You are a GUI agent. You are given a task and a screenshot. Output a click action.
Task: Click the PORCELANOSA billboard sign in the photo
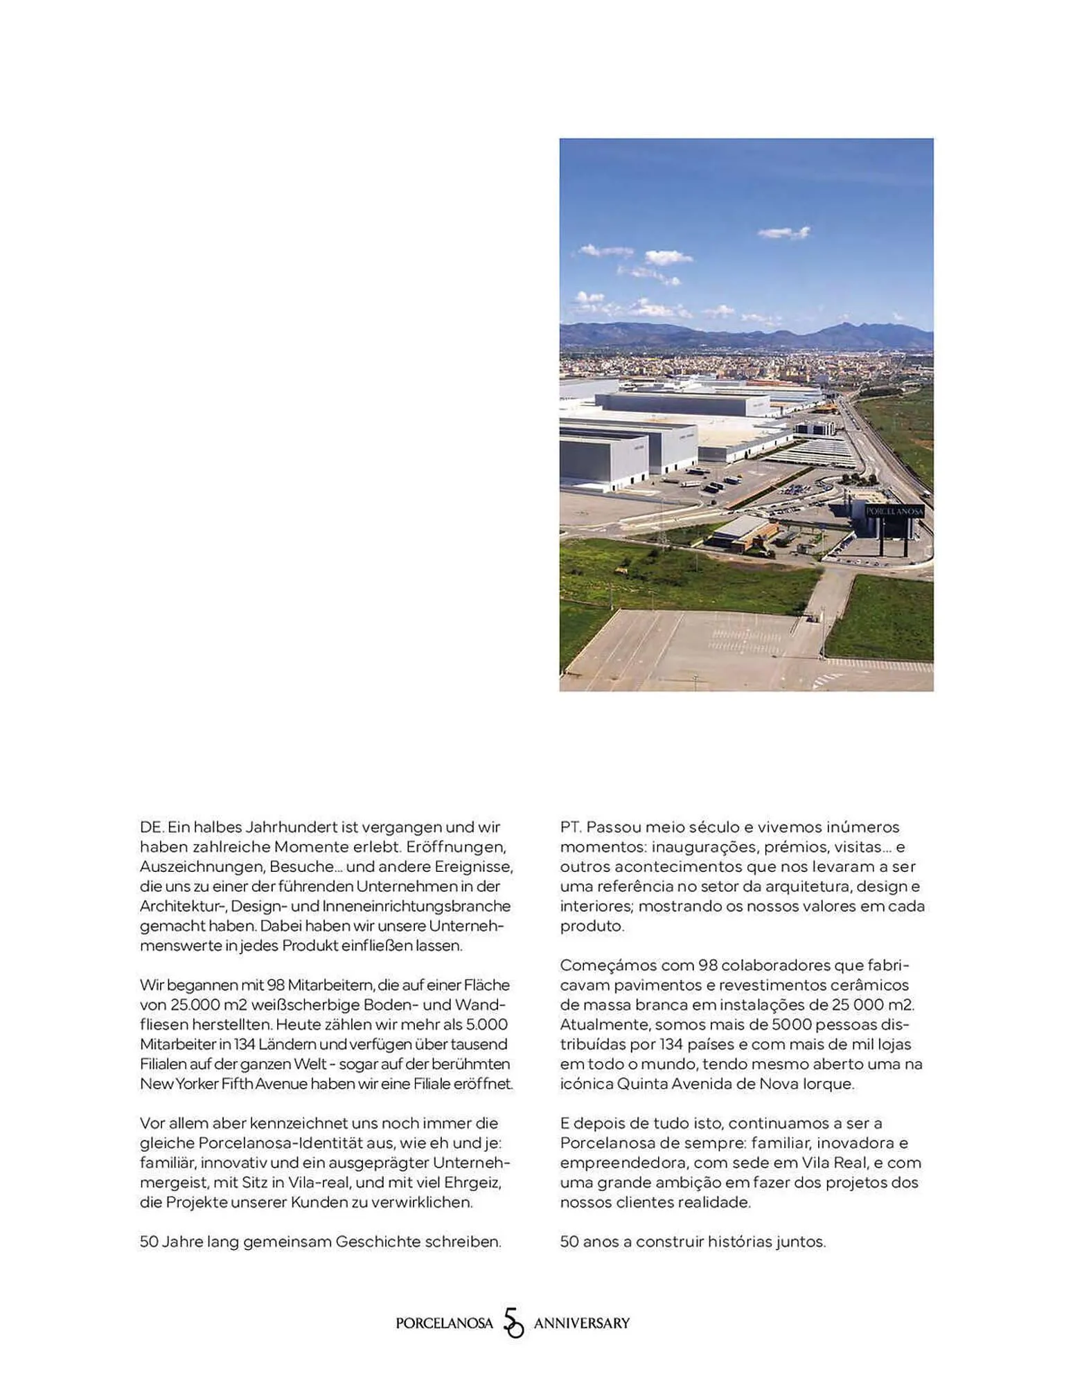coord(894,511)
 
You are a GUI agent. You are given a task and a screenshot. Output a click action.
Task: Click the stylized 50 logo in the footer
coord(513,1323)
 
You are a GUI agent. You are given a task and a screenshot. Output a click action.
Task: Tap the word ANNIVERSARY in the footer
coord(581,1323)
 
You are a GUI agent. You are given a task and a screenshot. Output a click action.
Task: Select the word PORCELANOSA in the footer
coord(444,1323)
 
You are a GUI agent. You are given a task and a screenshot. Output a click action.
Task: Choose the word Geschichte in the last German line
coord(378,1242)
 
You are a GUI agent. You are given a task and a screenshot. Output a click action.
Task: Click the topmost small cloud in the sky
coord(783,233)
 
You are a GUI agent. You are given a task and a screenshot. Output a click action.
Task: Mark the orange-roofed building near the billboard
coord(743,533)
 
